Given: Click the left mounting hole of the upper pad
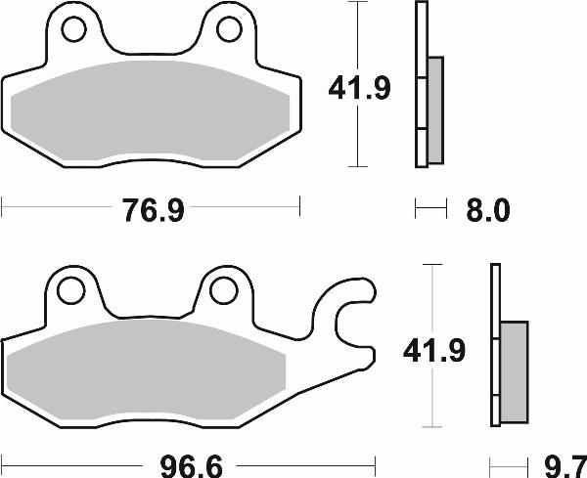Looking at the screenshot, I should coord(74,31).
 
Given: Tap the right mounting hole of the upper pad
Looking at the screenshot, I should coord(228,31).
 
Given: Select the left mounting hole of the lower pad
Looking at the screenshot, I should coord(69,290).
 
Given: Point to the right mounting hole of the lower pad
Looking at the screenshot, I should coord(223,290).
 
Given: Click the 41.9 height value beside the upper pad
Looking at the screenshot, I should coord(358,89).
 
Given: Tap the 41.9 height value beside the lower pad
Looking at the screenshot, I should coord(431,349).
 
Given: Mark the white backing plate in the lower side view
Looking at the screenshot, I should coord(496,346).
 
